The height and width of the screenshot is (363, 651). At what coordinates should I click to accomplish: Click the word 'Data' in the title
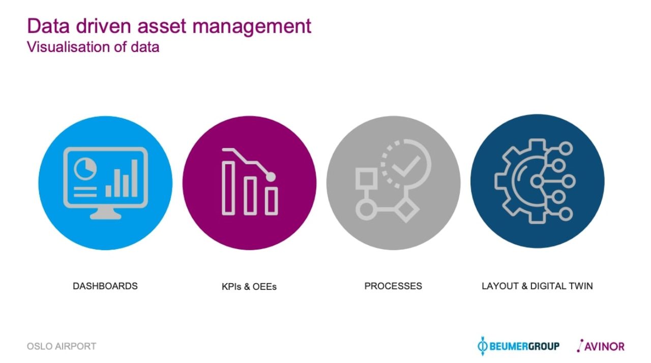(48, 26)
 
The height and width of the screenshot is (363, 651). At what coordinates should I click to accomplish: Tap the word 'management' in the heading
(252, 27)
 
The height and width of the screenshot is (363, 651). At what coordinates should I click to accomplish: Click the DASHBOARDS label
(105, 286)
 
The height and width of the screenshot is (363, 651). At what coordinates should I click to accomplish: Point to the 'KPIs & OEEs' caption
(249, 287)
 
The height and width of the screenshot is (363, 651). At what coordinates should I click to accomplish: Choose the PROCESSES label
(393, 286)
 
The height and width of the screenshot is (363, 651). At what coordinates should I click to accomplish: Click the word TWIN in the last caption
(581, 286)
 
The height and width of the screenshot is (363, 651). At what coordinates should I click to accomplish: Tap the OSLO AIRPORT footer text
(62, 346)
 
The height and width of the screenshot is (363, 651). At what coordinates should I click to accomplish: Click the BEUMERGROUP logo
(518, 346)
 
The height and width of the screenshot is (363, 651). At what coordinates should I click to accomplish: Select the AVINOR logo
(601, 346)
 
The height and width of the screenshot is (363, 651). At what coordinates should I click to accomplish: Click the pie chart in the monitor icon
(85, 169)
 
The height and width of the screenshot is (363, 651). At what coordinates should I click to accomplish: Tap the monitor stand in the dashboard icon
(105, 214)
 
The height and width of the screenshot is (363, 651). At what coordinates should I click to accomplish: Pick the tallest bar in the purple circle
(228, 188)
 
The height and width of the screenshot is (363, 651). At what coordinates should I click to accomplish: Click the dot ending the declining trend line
(271, 176)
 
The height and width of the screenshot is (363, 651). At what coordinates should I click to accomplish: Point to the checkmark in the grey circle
(406, 166)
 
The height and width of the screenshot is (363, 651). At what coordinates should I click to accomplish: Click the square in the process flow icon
(367, 178)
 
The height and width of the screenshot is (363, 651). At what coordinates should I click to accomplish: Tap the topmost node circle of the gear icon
(566, 148)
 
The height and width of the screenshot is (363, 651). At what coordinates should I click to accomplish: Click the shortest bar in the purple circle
(272, 201)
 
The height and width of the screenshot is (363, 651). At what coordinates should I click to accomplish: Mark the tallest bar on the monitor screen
(135, 178)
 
